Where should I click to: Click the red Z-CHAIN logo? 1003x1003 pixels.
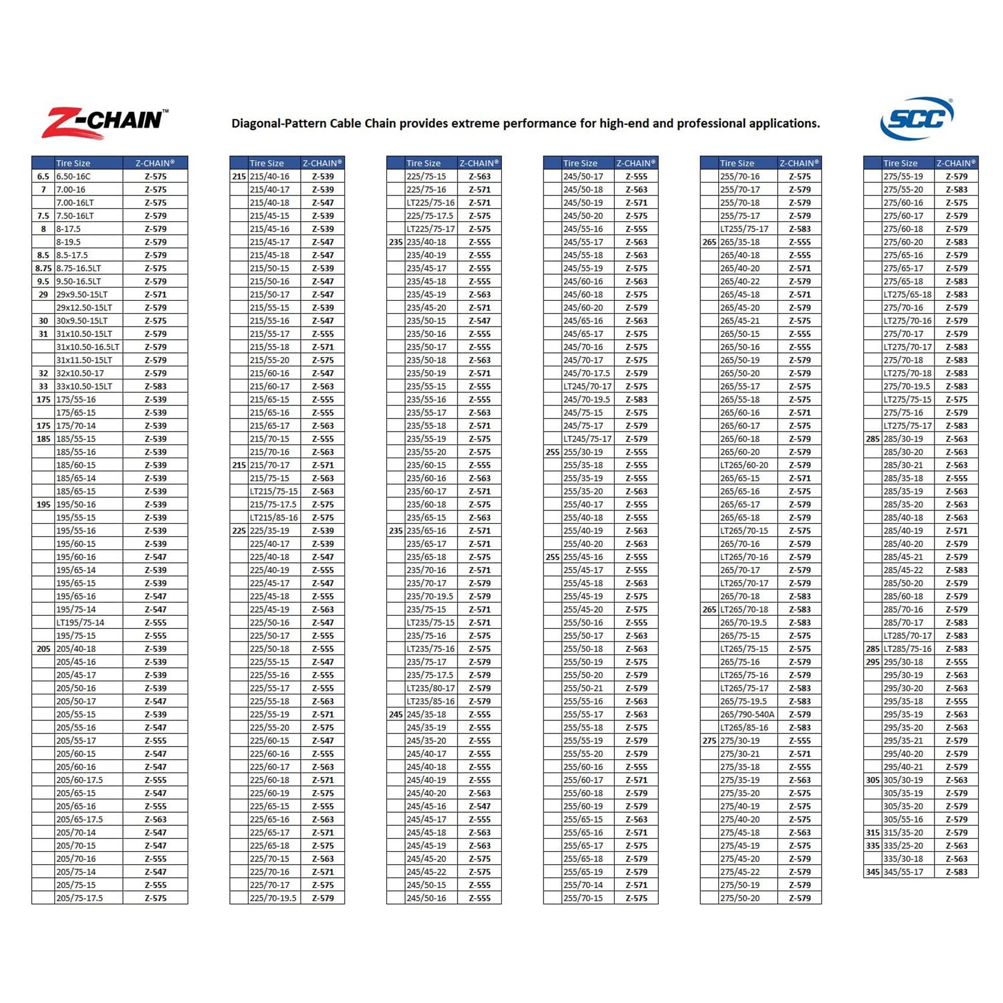point(104,123)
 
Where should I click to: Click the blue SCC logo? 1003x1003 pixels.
point(916,118)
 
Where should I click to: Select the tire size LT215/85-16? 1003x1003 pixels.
point(274,518)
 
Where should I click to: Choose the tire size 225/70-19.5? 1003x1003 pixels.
point(273,898)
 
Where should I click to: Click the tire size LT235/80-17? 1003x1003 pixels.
point(430,688)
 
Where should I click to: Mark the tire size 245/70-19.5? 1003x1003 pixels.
point(587,399)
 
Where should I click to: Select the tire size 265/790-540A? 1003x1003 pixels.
point(747,714)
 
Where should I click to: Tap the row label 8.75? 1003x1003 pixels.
point(43,268)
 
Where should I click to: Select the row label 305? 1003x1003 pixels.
point(873,780)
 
